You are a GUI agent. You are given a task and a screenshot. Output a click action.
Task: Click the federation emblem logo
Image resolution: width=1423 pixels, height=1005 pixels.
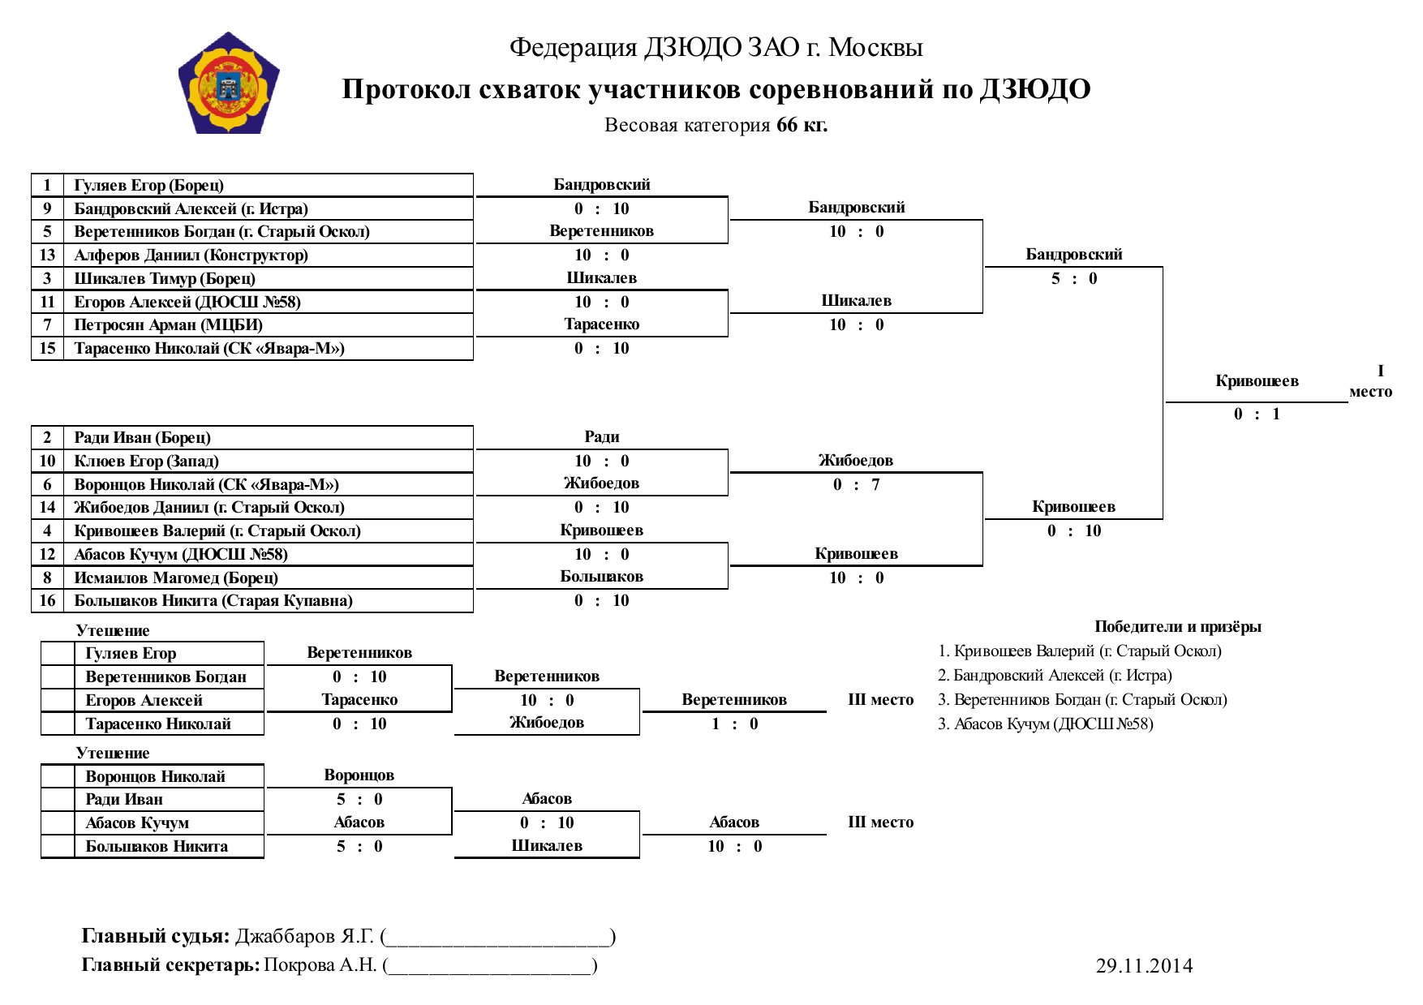click(229, 83)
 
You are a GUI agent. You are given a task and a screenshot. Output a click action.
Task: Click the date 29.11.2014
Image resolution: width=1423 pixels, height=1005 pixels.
click(1144, 965)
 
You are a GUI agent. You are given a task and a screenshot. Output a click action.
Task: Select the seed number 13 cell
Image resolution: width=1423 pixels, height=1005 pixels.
click(48, 255)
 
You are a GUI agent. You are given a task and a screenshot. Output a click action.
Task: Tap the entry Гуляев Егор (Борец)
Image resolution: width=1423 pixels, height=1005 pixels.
click(149, 185)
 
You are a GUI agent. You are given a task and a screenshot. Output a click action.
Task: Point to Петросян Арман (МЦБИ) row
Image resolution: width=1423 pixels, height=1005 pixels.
click(169, 324)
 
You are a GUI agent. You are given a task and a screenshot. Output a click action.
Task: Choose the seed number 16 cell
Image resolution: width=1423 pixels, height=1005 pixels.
click(48, 600)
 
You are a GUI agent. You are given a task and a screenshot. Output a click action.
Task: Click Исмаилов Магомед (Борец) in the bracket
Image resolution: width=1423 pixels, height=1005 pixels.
click(176, 578)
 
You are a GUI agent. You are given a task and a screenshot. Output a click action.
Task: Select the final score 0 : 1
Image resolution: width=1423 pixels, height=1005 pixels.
click(1257, 414)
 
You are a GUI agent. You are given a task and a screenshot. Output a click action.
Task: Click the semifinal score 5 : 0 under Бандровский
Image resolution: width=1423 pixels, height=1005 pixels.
click(1074, 278)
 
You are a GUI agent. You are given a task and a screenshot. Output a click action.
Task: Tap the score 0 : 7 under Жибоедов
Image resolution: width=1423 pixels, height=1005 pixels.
click(856, 484)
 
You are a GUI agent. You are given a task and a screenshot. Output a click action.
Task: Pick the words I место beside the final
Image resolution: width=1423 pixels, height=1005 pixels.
click(1370, 381)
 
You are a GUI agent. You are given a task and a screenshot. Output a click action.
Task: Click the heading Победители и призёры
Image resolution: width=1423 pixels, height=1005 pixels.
click(1177, 626)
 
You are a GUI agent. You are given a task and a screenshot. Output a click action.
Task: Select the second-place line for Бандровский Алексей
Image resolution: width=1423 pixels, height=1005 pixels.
click(1055, 675)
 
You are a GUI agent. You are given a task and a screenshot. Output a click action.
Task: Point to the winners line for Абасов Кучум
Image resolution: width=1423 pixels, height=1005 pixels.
click(1045, 724)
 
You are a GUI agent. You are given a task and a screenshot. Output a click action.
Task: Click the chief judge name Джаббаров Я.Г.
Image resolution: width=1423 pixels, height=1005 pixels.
click(305, 936)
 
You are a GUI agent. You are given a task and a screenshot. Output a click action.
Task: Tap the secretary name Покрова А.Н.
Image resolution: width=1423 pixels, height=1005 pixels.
click(320, 964)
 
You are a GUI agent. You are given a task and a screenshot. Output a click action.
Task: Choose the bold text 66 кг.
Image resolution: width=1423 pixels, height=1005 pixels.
click(802, 125)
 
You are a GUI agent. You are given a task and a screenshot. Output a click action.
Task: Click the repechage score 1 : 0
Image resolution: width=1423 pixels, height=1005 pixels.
click(734, 724)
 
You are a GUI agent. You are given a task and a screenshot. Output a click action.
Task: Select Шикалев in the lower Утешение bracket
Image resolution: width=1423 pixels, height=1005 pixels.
click(547, 845)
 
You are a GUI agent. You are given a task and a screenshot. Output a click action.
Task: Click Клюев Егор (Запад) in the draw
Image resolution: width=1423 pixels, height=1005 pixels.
click(146, 461)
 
